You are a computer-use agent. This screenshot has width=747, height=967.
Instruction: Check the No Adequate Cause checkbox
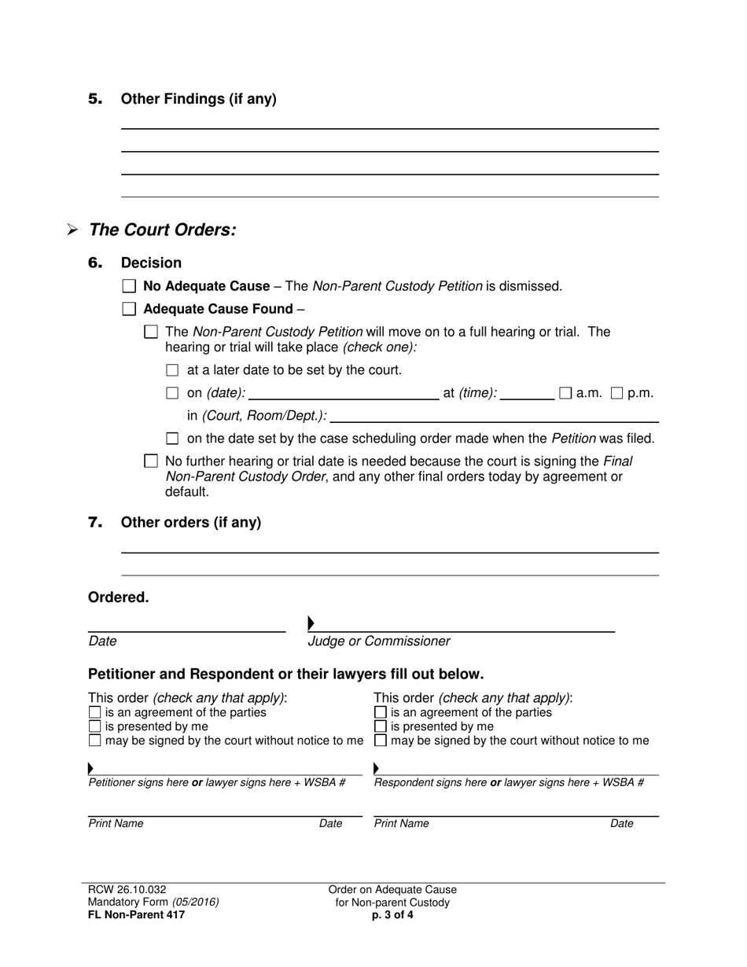[129, 287]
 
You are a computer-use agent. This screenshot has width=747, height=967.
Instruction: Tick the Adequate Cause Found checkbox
[129, 310]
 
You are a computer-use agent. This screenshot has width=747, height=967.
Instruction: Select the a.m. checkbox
[565, 393]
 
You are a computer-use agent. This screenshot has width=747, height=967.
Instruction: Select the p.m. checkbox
[617, 393]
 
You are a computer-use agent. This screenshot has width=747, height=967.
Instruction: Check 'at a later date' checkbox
[173, 370]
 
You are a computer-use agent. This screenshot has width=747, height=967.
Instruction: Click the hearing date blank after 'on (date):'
[344, 393]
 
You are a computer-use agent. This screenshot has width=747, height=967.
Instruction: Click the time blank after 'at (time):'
[527, 393]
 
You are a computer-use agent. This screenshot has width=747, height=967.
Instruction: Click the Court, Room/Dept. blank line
[495, 416]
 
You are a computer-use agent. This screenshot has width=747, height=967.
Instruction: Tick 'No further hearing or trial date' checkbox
[151, 461]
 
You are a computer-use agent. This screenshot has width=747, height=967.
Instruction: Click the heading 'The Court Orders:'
[162, 230]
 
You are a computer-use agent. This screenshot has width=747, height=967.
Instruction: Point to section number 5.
[95, 99]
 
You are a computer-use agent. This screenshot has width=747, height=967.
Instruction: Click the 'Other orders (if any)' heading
[190, 523]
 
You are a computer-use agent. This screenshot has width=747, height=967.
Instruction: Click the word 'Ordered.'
[118, 597]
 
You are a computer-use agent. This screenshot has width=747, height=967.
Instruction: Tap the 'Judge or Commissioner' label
[379, 642]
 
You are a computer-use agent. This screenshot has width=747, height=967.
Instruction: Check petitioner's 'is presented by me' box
[95, 726]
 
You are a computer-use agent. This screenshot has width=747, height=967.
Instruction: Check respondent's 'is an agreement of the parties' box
[381, 712]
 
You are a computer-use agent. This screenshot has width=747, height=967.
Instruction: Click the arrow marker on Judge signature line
[311, 623]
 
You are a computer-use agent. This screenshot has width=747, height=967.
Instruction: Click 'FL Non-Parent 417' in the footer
[136, 914]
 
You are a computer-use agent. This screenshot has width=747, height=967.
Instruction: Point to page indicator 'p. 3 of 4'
[392, 914]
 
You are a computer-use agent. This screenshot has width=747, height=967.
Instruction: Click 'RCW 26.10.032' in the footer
[127, 889]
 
